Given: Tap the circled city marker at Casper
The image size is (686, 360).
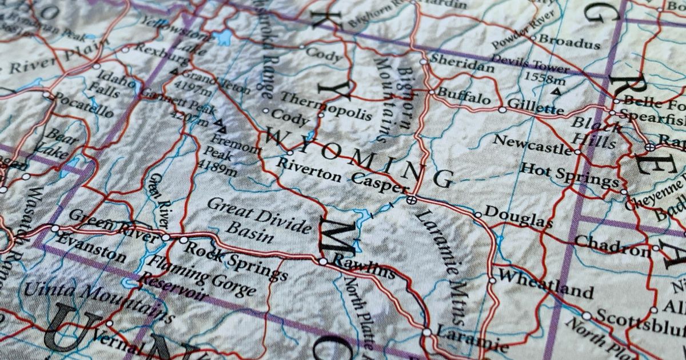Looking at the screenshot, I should tap(410, 199).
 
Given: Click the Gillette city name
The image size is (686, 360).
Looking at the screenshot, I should tap(536, 106).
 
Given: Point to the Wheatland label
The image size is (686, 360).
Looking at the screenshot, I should tap(545, 284).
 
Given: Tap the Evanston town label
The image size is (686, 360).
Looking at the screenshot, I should tap(91, 247).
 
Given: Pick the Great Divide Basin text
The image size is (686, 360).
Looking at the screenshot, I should tap(258, 218).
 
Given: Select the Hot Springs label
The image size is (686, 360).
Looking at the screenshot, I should tap(569, 175).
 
